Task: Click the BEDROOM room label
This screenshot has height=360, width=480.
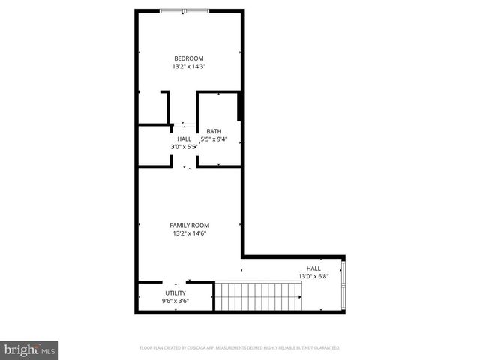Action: pos(189,58)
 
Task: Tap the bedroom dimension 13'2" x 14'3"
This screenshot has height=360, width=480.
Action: pos(189,67)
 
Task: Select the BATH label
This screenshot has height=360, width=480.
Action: pos(214,130)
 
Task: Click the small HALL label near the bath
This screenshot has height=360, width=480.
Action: pos(184,139)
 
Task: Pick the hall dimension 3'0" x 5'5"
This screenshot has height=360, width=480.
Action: pos(184,147)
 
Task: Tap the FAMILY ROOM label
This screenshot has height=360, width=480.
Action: pos(189,225)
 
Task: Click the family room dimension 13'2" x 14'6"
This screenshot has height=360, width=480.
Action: pos(189,233)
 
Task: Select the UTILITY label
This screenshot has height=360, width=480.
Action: pos(175,292)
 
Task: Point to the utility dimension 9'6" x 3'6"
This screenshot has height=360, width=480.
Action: pos(175,301)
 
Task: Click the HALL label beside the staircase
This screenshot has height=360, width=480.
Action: pos(313,268)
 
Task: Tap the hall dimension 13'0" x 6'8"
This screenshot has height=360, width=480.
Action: pos(313,276)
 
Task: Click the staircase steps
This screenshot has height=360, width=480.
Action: pos(257,296)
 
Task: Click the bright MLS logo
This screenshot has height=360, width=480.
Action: pos(30,349)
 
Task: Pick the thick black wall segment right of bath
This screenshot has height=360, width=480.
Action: pos(239,106)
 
